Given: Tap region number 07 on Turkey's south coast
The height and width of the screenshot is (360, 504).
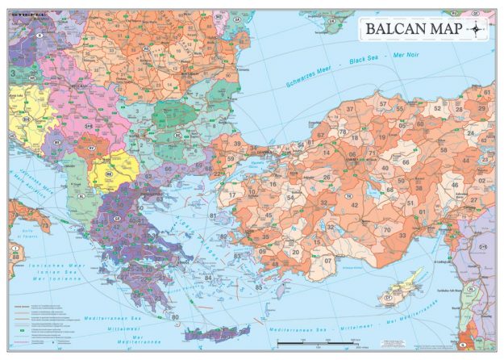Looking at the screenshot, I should (327, 262).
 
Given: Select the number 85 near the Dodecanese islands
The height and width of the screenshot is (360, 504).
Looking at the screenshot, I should (258, 287).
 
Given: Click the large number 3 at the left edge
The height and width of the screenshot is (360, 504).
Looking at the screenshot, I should (13, 73).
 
